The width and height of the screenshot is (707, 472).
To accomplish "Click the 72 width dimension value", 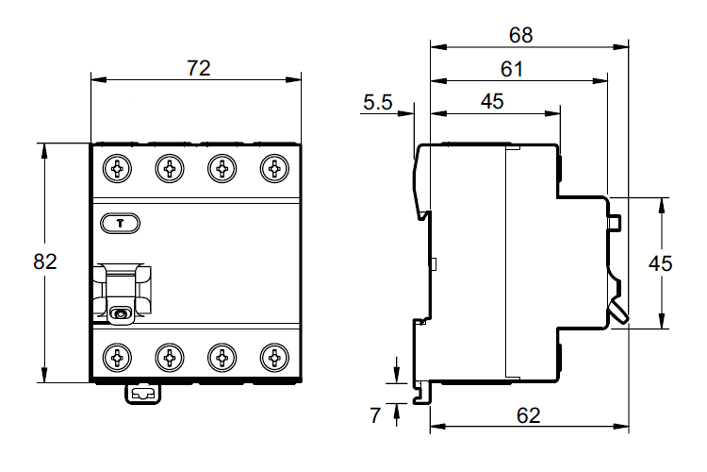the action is [x=198, y=68].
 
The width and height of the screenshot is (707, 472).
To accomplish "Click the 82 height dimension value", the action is [x=45, y=262].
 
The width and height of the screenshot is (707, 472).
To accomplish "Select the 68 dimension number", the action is [x=520, y=35].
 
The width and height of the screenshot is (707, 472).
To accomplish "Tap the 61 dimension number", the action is [x=512, y=69].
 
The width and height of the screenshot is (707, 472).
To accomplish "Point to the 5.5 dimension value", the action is [x=378, y=103].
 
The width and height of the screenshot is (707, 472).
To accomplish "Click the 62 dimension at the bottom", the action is [x=529, y=415].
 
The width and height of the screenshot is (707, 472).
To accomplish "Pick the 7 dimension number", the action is [x=375, y=415].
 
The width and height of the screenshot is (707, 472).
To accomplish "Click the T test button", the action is [x=120, y=223].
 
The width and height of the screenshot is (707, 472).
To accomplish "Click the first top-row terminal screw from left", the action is [x=117, y=169].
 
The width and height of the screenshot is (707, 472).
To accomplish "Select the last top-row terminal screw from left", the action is [x=274, y=169].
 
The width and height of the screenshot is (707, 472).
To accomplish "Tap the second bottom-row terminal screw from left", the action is [x=170, y=358].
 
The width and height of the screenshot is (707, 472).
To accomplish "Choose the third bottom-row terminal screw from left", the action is [x=222, y=358].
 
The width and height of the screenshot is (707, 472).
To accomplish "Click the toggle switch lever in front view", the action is [x=121, y=294].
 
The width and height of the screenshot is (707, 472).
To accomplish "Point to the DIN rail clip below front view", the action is [x=143, y=394].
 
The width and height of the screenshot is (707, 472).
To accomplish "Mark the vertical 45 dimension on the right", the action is [x=661, y=263].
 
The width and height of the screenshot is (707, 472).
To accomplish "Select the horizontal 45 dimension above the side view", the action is [x=492, y=102].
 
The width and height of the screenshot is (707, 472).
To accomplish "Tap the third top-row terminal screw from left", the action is [x=222, y=169].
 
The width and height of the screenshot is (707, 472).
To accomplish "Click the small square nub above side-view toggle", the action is [x=615, y=222].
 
